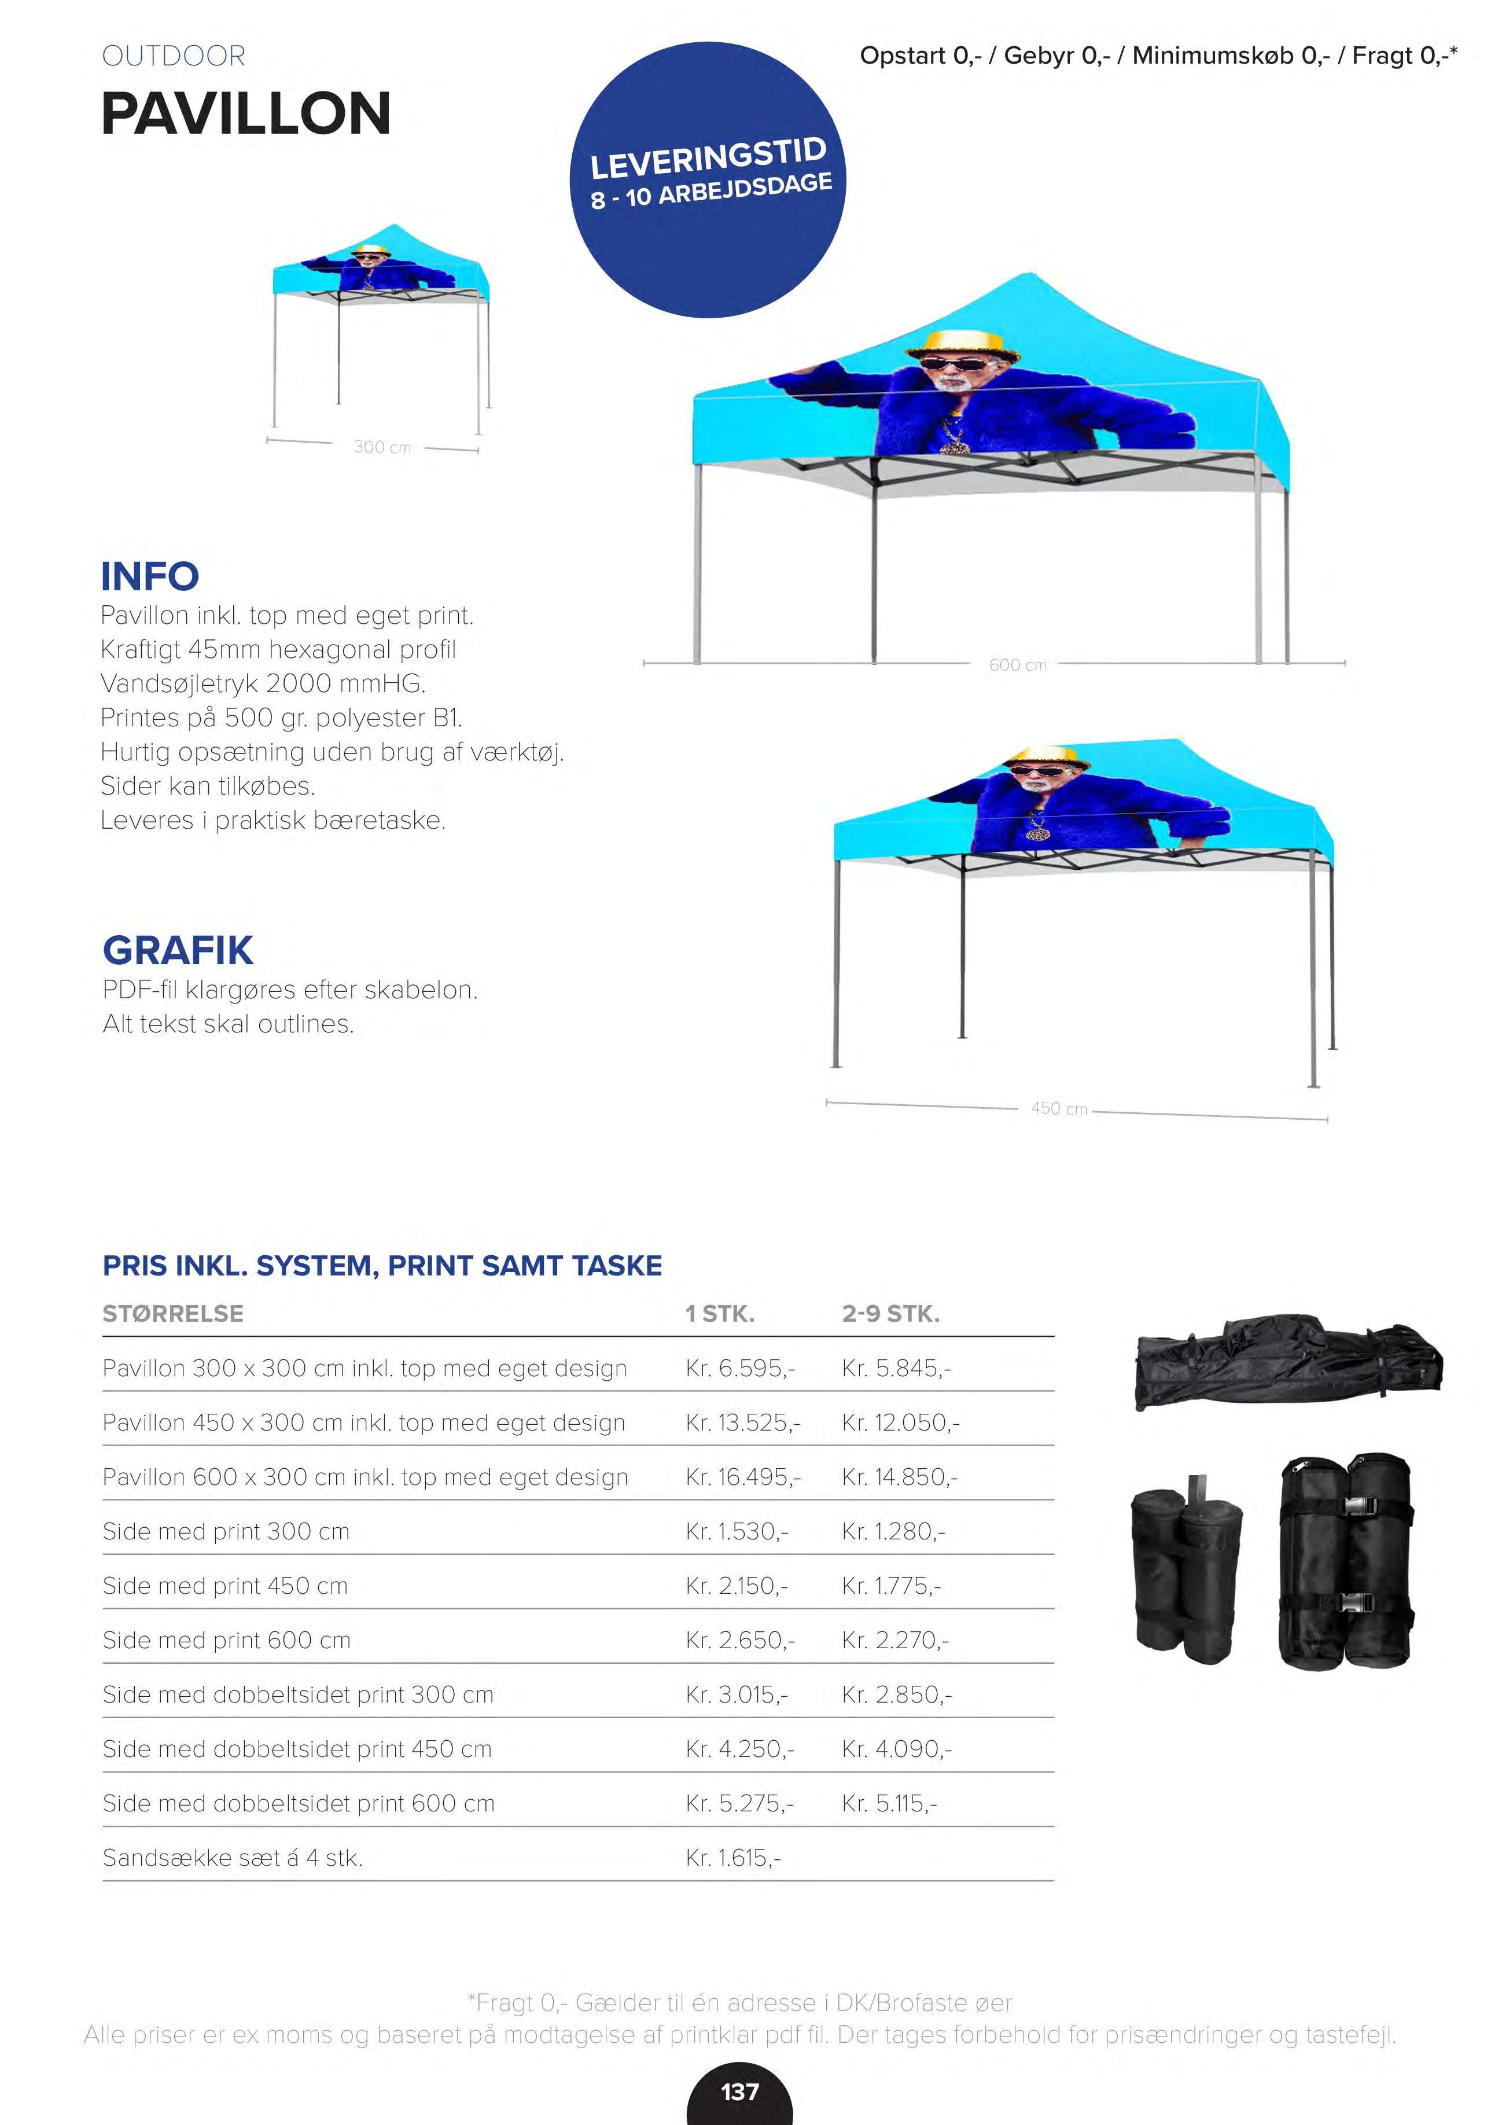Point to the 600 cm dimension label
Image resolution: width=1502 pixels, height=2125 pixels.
point(1017,664)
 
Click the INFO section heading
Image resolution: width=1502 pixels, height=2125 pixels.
point(150,576)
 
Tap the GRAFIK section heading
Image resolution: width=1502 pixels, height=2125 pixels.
point(178,950)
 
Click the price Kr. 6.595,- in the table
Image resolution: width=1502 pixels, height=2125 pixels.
point(741,1368)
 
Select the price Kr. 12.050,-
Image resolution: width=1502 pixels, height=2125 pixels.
point(900,1422)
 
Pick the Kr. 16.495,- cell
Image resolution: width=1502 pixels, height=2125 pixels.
point(743,1477)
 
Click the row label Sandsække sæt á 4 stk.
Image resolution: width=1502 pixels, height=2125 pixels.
point(232,1858)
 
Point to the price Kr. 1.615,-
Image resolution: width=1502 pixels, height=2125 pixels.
point(733,1858)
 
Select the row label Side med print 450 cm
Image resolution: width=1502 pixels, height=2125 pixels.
point(225,1586)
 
